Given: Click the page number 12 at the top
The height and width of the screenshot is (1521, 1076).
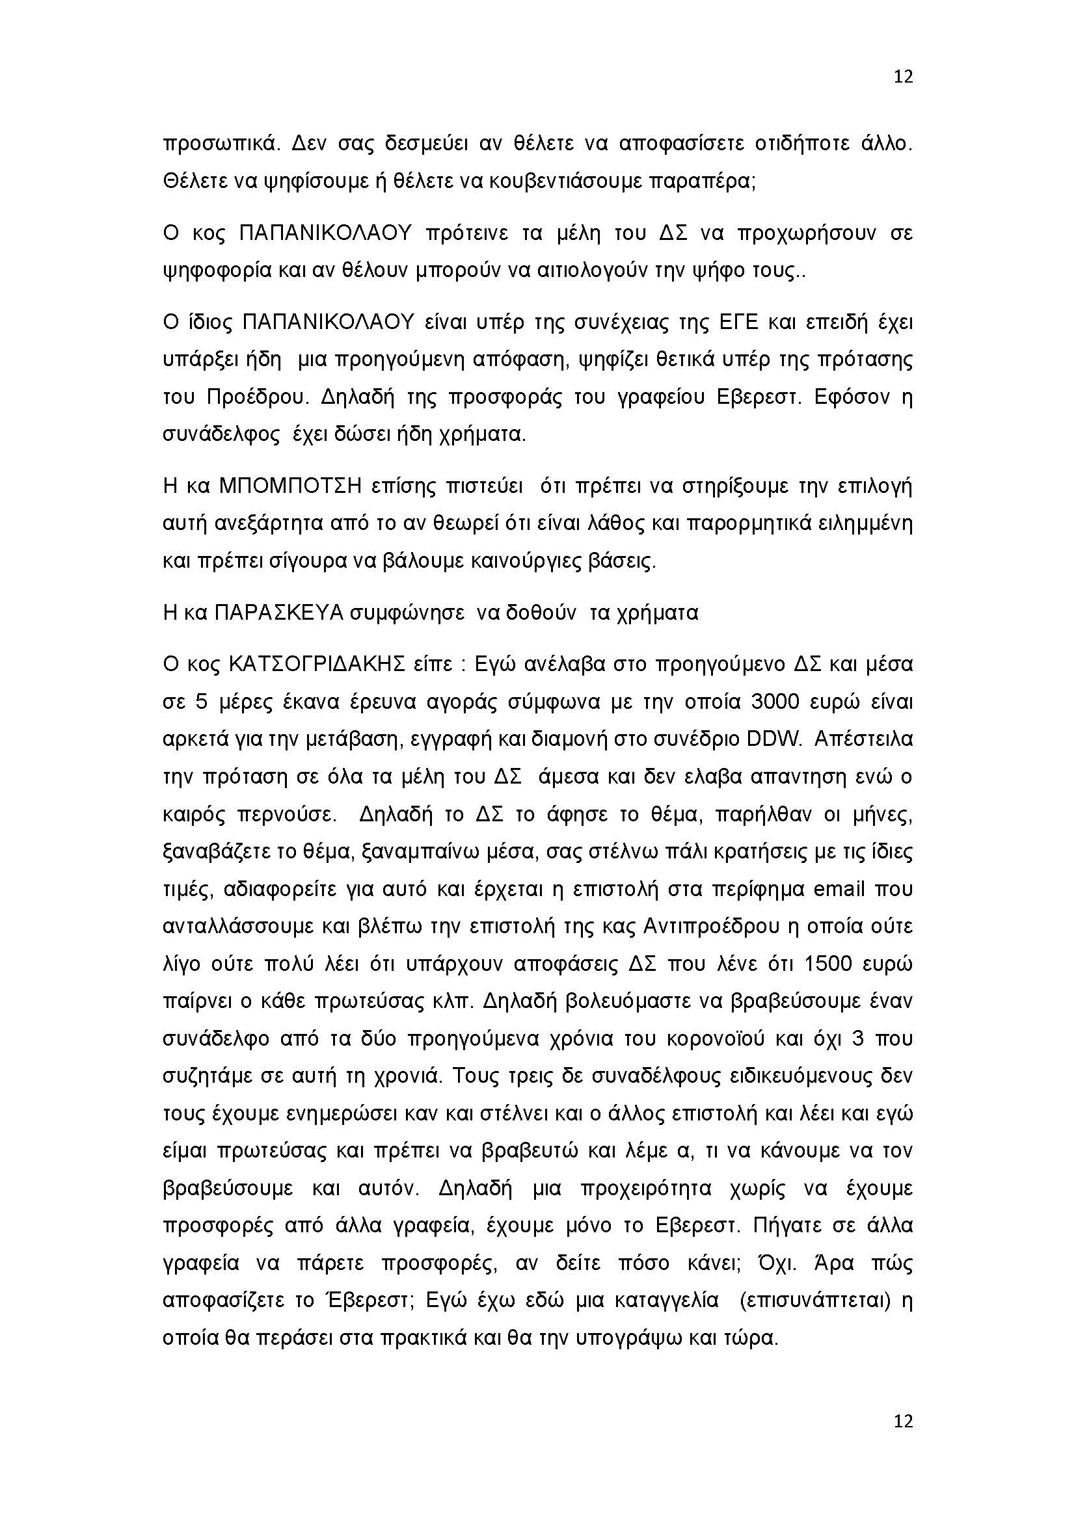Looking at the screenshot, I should tap(903, 77).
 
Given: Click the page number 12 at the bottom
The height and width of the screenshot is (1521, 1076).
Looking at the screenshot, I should tap(903, 1440).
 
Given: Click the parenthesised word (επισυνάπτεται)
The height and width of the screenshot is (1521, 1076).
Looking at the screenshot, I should tap(814, 1301).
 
